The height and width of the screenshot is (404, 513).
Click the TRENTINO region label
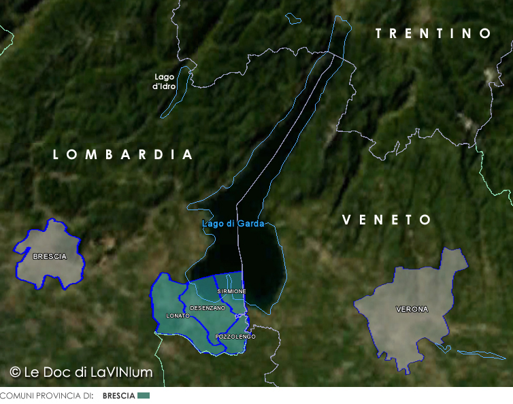(x=433, y=33)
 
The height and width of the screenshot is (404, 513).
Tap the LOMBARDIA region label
(x=123, y=155)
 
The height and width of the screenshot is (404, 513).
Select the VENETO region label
(x=386, y=220)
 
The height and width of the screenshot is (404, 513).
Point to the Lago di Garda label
(x=233, y=224)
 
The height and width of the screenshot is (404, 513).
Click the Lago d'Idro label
(x=164, y=82)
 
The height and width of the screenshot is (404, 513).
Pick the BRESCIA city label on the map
(x=50, y=256)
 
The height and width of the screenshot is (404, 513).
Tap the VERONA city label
(x=412, y=309)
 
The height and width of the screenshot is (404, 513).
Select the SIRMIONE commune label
(x=231, y=291)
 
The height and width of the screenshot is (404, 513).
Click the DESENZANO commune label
(x=208, y=308)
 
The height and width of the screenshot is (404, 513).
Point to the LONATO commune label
(x=178, y=316)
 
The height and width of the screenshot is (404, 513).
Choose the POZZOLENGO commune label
(x=235, y=337)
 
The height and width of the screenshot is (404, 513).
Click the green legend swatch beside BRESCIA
(x=143, y=395)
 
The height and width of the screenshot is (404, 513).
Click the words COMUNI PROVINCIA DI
(x=46, y=396)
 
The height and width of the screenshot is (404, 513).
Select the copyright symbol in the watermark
(x=15, y=372)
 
